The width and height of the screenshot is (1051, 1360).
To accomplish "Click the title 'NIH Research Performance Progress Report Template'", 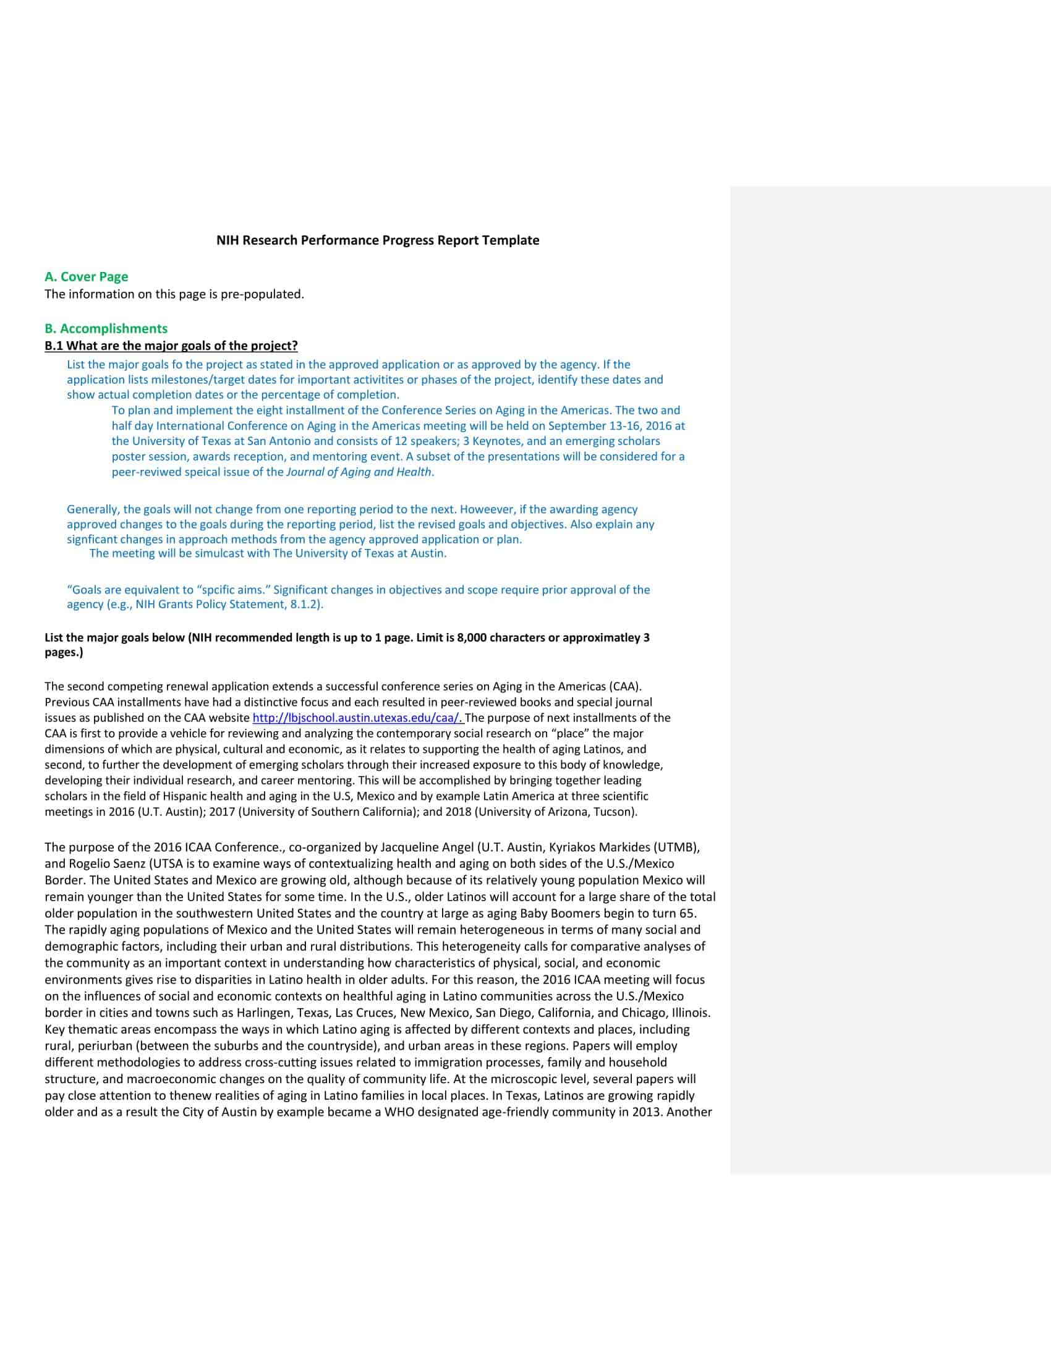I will point(377,240).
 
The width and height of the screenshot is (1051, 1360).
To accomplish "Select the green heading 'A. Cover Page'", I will point(86,276).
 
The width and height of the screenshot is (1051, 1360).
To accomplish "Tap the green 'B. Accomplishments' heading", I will point(106,328).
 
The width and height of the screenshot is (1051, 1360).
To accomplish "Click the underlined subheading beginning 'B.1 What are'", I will point(171,346).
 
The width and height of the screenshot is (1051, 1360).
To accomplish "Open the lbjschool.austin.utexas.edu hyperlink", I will point(357,717).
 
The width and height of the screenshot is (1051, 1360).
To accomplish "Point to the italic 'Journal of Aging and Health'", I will point(358,472).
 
